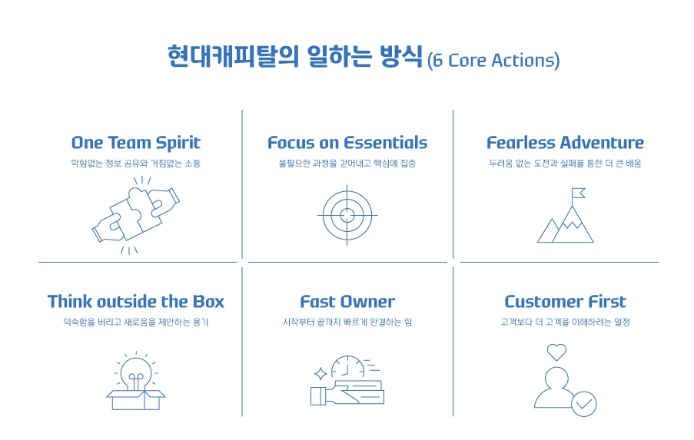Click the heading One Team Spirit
135,143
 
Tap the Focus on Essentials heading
347,143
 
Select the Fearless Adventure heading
565,143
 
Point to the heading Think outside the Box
136,302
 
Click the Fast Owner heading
347,302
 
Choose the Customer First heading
565,302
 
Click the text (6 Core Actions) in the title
493,61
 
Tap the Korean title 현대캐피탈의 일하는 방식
295,57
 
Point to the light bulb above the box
136,369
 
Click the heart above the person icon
556,352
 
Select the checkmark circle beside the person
584,402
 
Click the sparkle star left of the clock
320,374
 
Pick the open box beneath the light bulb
136,399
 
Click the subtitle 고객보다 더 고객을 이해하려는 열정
565,323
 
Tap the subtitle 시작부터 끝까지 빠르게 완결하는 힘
347,323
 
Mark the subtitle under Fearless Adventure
565,164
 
